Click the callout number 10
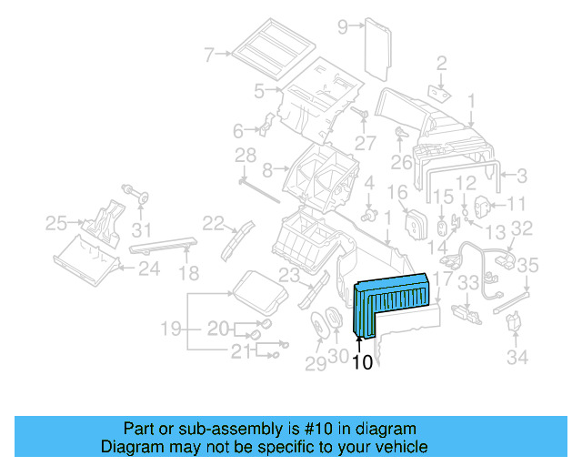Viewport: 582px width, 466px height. [x=362, y=362]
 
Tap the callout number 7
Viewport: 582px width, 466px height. [x=209, y=55]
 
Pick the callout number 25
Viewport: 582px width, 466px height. [x=56, y=222]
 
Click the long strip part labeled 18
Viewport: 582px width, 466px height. [x=164, y=245]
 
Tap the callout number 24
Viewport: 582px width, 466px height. [x=148, y=268]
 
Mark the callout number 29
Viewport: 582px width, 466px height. [x=315, y=364]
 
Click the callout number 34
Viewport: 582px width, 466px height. [x=517, y=358]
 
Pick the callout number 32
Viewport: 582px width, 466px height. [x=521, y=228]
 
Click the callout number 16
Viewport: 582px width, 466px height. [x=397, y=192]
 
